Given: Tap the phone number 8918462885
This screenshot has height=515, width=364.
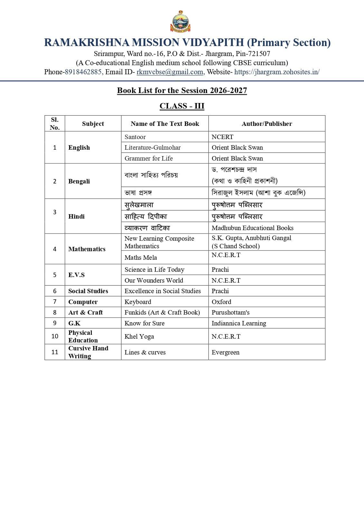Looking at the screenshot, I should [x=83, y=72].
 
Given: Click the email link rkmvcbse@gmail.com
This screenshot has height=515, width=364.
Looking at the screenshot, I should [x=170, y=72].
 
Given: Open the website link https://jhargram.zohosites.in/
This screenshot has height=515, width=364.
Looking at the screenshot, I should [x=277, y=72].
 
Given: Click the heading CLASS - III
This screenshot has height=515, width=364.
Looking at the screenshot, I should [x=182, y=106].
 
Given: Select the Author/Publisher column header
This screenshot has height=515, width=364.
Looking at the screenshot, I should [x=267, y=124].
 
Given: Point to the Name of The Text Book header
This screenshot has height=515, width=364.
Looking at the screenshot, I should [x=165, y=124].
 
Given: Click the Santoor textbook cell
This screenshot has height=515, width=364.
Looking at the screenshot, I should [x=135, y=137].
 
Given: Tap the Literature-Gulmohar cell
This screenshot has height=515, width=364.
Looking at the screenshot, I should [x=153, y=147].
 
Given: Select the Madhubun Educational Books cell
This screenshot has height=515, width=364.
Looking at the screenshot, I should [x=253, y=228].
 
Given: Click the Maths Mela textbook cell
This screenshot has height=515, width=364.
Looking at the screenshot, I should [x=141, y=257].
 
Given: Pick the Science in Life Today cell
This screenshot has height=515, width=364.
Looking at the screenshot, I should [x=154, y=269].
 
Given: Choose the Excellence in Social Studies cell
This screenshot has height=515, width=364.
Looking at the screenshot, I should [x=163, y=291].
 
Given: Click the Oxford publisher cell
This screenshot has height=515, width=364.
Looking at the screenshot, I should [x=221, y=302].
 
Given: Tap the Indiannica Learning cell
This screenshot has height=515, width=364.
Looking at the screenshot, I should [x=239, y=323].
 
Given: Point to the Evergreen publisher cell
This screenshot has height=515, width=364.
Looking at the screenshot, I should [x=226, y=352].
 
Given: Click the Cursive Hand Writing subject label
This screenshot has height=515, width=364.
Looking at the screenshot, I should [x=88, y=352].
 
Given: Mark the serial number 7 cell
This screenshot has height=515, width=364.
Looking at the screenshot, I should [x=55, y=302].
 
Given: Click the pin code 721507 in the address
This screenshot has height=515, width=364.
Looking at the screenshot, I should [x=259, y=53].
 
